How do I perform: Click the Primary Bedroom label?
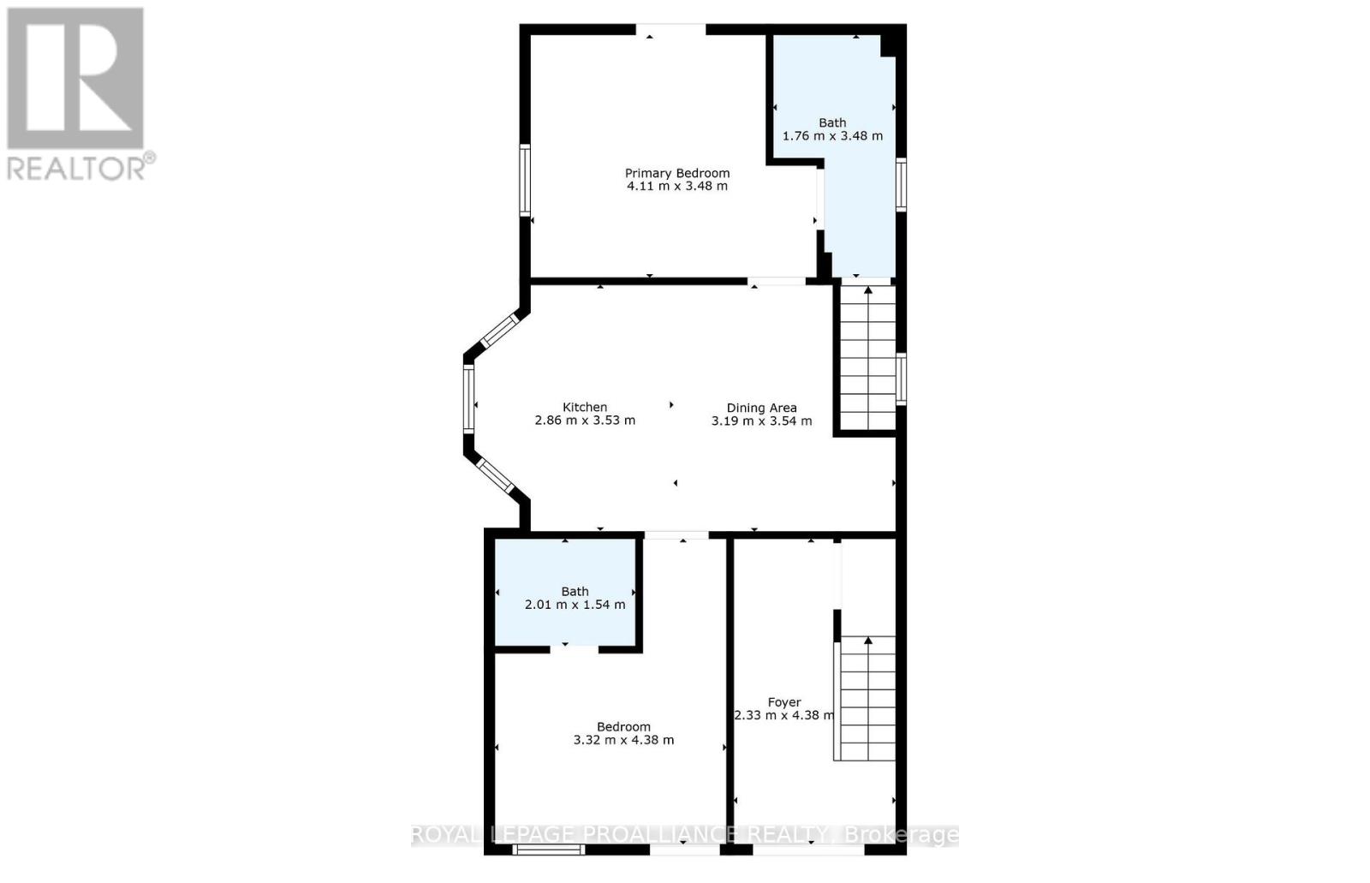click(677, 173)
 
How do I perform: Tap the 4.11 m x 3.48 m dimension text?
click(677, 186)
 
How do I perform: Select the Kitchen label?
click(585, 408)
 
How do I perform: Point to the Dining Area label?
click(761, 409)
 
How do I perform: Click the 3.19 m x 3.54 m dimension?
click(761, 421)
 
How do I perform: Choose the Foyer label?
click(784, 702)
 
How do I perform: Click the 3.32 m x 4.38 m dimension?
click(624, 741)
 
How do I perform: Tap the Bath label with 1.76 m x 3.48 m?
click(832, 123)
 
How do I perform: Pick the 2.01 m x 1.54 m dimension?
click(575, 606)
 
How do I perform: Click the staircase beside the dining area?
click(868, 358)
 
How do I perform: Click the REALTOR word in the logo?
click(76, 169)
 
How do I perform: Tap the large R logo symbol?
click(75, 78)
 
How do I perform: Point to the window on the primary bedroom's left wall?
click(525, 180)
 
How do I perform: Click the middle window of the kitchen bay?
click(468, 399)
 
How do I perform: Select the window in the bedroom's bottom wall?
click(549, 850)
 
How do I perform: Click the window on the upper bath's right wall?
click(901, 185)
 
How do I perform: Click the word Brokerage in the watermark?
click(901, 835)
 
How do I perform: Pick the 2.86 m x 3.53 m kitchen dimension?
click(585, 421)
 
